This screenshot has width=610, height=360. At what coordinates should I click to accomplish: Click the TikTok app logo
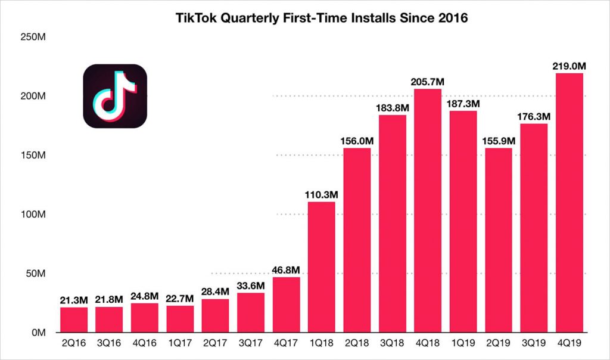[x=115, y=96]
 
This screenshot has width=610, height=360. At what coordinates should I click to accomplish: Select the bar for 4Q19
[x=569, y=203]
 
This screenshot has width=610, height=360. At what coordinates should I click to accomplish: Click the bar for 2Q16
[x=74, y=319]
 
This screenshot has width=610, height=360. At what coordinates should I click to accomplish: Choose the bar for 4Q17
[x=286, y=305]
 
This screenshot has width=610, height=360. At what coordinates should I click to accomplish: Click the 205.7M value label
[x=428, y=82]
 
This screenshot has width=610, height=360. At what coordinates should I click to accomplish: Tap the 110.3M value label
[x=322, y=194]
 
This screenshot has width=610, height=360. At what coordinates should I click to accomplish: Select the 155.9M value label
[x=498, y=141]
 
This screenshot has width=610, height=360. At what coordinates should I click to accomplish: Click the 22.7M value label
[x=180, y=299]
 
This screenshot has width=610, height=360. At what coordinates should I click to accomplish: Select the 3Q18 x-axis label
[x=392, y=343]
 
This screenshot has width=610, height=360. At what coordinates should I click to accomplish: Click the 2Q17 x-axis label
[x=215, y=343]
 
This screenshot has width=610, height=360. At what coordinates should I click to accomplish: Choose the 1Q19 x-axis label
[x=463, y=343]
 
